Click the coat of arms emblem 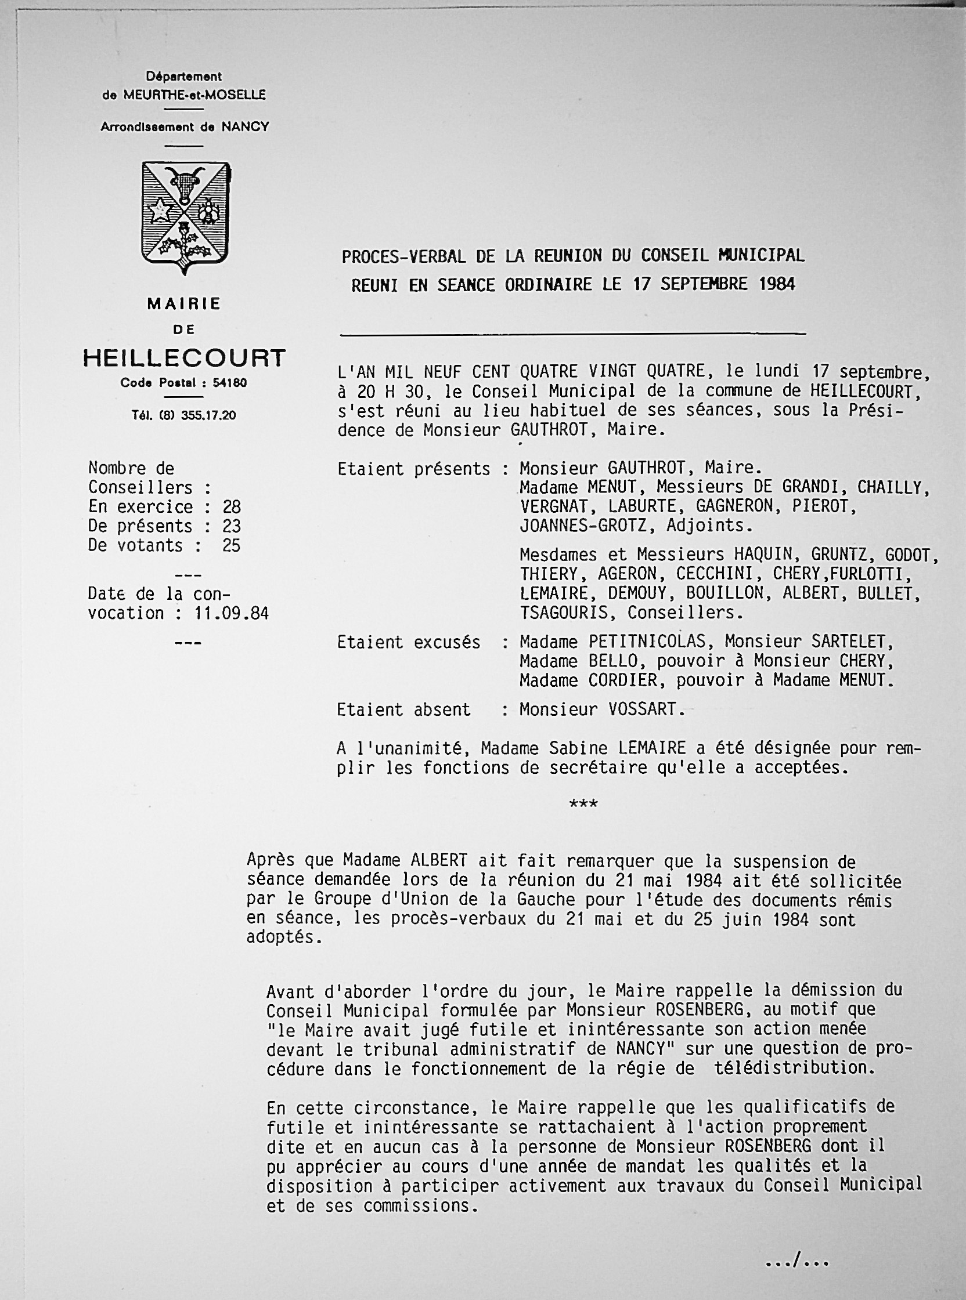click(x=186, y=217)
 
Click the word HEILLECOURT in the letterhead click(x=184, y=357)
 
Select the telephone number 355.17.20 click(x=208, y=415)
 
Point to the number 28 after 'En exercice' click(x=232, y=506)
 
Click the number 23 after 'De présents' click(x=232, y=526)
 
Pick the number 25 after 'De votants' click(x=232, y=545)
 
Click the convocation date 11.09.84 click(x=224, y=613)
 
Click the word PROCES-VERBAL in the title click(x=403, y=256)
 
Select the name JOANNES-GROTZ click(x=583, y=525)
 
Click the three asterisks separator click(x=583, y=805)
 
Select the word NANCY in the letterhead click(x=244, y=127)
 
